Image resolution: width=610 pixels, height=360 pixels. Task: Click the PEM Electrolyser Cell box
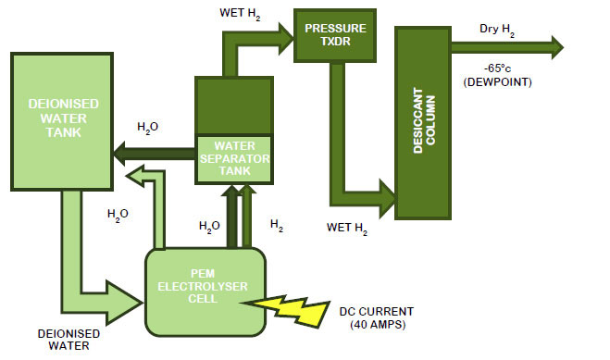[x=205, y=291]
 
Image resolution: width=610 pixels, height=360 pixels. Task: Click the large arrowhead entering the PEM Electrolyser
[x=127, y=295]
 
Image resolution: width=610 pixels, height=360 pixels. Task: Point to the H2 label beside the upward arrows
[x=276, y=224]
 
